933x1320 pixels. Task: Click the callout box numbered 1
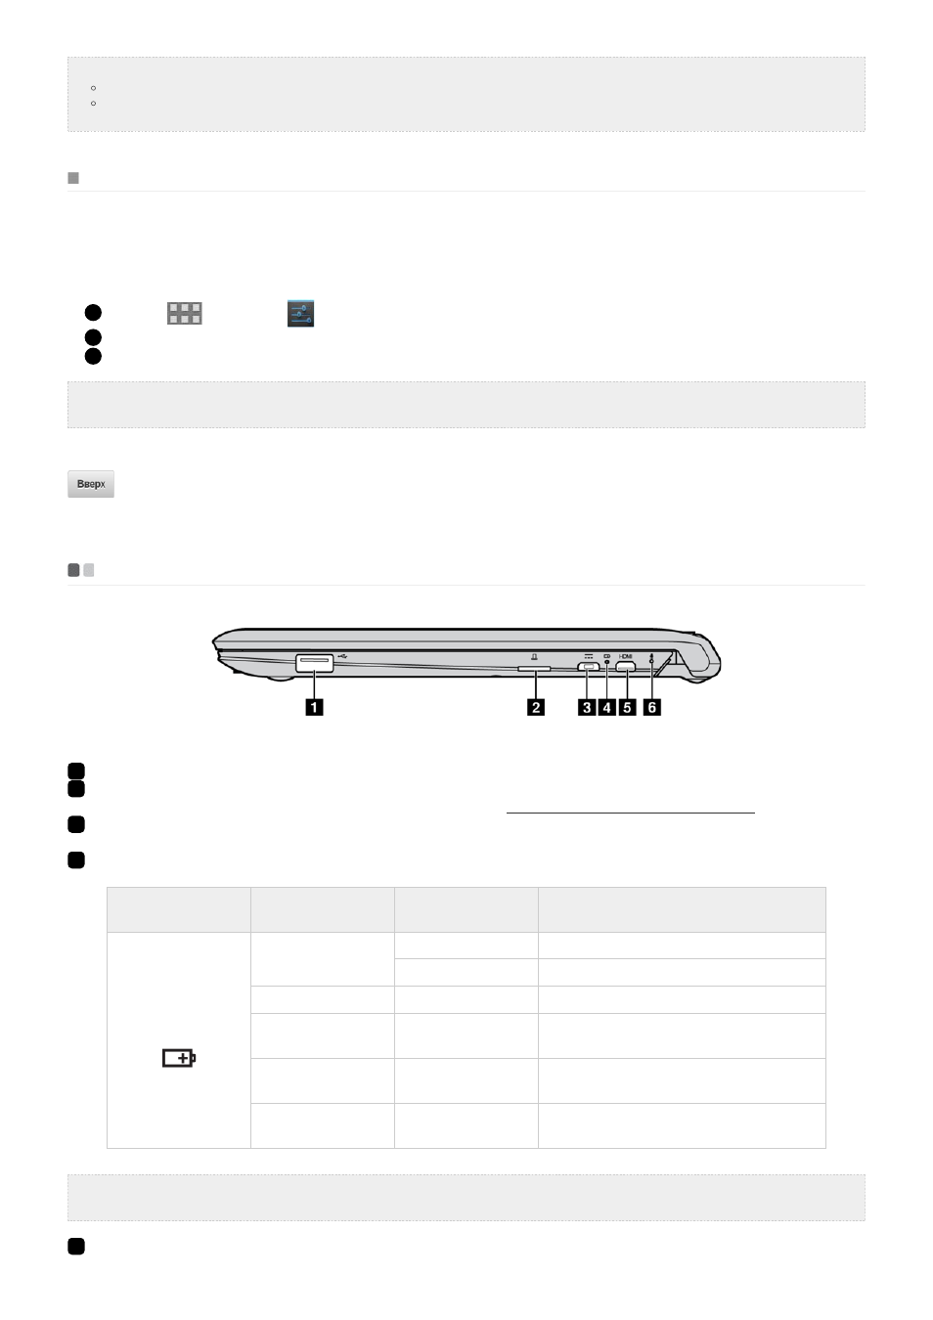tap(314, 707)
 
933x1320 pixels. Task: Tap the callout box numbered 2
tap(536, 707)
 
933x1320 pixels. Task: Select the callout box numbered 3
tap(587, 707)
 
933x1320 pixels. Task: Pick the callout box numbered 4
tap(606, 707)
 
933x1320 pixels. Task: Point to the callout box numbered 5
tap(627, 707)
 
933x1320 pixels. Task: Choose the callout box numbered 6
tap(652, 707)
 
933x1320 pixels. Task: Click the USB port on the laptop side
tap(314, 663)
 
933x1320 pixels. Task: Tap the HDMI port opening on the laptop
tap(625, 667)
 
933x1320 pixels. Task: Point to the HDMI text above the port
tap(625, 656)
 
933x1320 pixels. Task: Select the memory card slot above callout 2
tap(534, 669)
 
